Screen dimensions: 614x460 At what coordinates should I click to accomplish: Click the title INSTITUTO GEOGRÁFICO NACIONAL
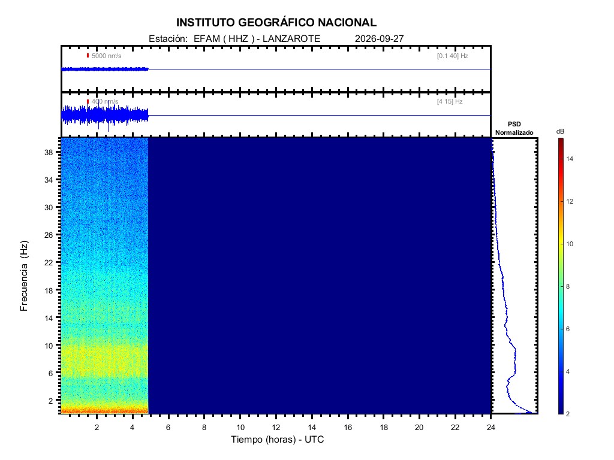[x=276, y=23]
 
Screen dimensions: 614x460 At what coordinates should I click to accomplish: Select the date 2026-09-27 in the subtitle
[x=379, y=39]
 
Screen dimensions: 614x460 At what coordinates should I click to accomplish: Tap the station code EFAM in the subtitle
[x=207, y=39]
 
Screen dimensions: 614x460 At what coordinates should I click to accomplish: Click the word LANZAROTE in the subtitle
[x=291, y=39]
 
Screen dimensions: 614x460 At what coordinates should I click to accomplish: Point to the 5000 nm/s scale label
[x=107, y=56]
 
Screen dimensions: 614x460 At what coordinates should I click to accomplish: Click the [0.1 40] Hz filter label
[x=452, y=56]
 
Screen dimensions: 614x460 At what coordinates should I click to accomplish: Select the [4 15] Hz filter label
[x=450, y=102]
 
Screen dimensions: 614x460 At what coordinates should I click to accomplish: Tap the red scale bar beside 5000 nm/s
[x=88, y=56]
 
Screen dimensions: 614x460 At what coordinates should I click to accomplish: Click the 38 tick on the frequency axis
[x=49, y=152]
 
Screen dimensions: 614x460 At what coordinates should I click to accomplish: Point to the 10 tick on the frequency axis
[x=49, y=346]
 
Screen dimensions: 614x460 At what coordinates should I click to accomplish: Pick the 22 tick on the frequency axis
[x=49, y=262]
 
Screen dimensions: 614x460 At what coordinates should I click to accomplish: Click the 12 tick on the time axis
[x=276, y=428]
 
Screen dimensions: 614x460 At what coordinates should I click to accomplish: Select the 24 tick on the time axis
[x=490, y=428]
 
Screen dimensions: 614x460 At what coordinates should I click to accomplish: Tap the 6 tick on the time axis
[x=168, y=428]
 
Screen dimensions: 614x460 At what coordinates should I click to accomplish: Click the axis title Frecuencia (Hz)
[x=24, y=276]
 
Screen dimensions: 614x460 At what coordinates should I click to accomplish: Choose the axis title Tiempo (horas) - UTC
[x=277, y=440]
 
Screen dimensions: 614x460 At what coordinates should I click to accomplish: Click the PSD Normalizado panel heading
[x=514, y=128]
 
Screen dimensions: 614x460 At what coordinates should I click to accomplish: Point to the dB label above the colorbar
[x=561, y=131]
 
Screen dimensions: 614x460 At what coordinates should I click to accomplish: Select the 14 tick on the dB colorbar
[x=570, y=159]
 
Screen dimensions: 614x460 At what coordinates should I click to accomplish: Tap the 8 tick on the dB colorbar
[x=568, y=286]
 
